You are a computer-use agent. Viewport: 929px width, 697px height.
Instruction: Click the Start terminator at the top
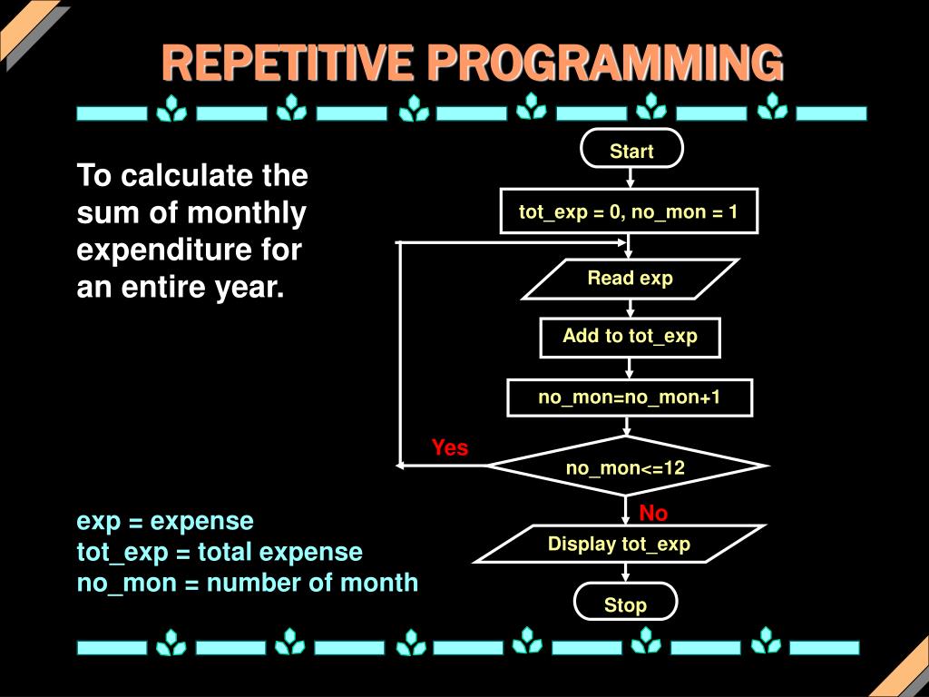(x=631, y=151)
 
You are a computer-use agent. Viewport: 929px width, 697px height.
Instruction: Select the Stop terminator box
(x=625, y=604)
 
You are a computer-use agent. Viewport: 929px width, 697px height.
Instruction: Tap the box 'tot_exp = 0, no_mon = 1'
(x=628, y=212)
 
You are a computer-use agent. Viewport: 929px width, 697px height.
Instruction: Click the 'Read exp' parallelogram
(x=630, y=279)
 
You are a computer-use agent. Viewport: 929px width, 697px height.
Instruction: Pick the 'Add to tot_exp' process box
(x=630, y=337)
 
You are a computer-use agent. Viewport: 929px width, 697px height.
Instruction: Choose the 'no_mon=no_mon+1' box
(x=629, y=397)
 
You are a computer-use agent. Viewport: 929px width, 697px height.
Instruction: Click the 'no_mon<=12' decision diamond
(x=626, y=467)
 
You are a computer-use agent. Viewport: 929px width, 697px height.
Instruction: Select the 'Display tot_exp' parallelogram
(x=619, y=545)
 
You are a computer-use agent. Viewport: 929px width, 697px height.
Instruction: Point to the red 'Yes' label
(x=450, y=447)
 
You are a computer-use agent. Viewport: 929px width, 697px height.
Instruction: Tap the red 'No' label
(x=653, y=514)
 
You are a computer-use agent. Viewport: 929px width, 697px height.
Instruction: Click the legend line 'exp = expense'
(x=165, y=521)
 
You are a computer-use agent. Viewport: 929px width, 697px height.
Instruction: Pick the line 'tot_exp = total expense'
(x=220, y=552)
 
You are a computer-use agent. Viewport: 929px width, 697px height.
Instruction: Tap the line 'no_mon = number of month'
(x=247, y=583)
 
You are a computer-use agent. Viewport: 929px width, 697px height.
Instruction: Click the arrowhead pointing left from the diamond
(x=401, y=466)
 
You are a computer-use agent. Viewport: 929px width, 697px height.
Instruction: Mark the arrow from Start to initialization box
(x=631, y=178)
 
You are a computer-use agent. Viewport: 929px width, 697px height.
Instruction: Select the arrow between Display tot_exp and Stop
(x=625, y=572)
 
